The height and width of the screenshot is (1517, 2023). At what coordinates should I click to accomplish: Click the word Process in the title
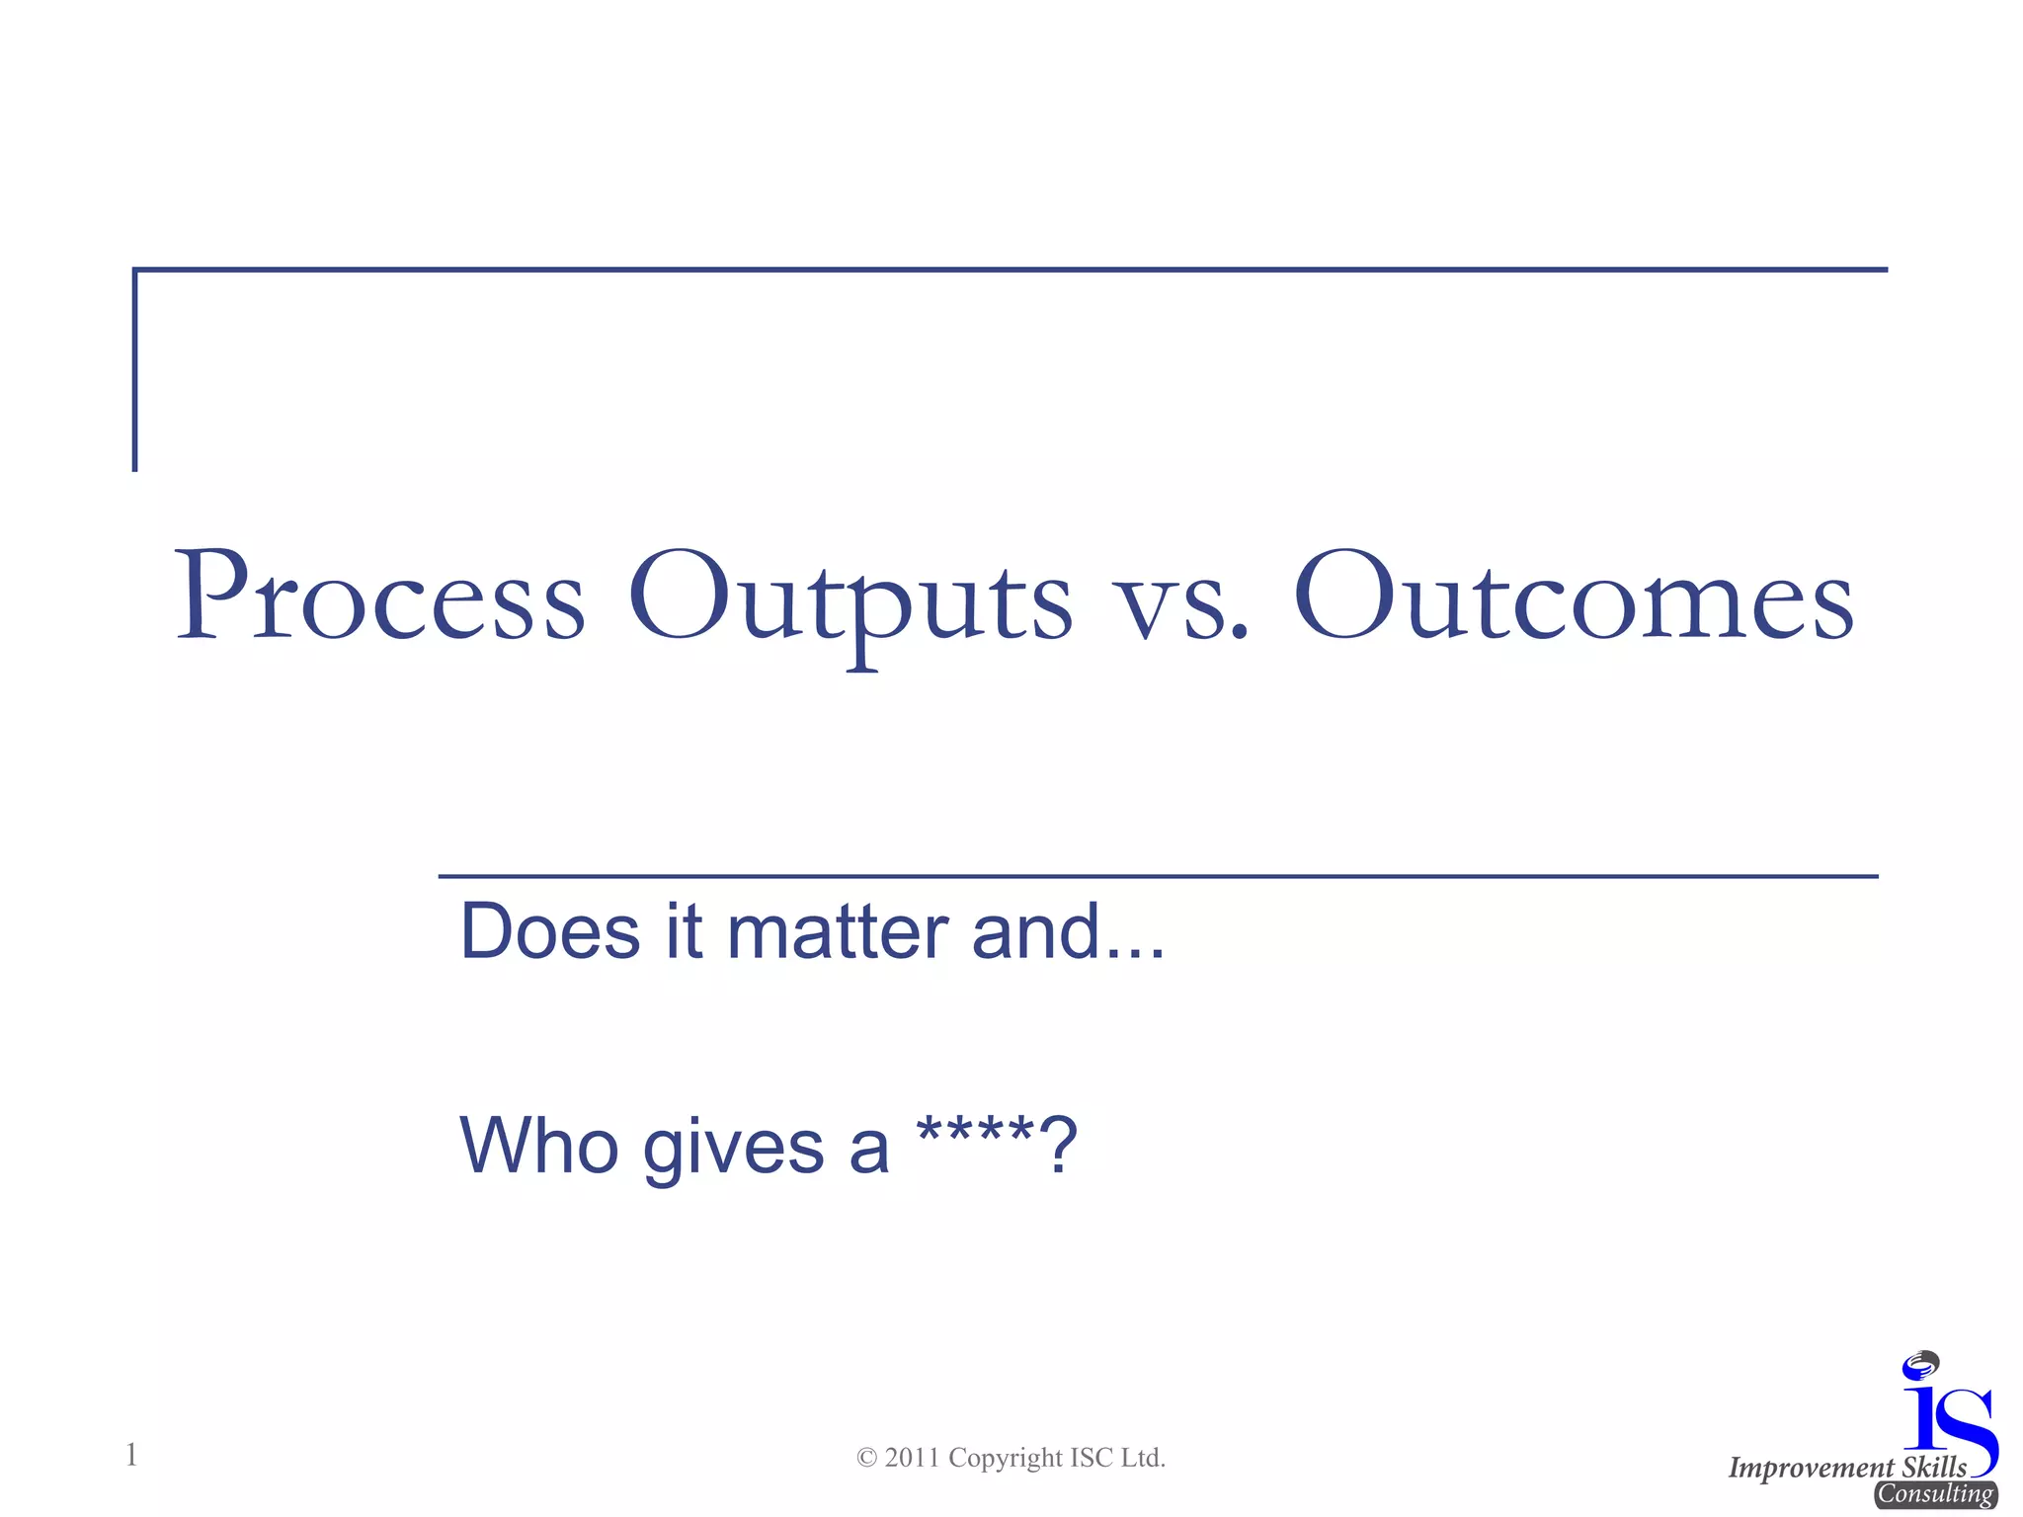click(380, 598)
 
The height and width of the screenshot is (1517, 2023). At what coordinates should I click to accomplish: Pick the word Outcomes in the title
click(1574, 598)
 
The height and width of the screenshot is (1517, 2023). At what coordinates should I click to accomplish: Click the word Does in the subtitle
click(550, 931)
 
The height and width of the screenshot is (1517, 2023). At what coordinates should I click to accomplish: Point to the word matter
click(838, 931)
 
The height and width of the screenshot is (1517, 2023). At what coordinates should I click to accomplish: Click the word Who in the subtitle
click(539, 1146)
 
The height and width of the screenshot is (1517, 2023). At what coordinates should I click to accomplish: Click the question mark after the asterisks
click(1058, 1146)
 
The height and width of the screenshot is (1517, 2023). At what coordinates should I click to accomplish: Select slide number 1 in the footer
click(131, 1455)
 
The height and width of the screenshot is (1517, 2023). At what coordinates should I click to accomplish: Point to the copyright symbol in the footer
click(866, 1459)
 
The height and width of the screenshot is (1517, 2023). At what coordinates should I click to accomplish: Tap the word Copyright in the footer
click(1005, 1459)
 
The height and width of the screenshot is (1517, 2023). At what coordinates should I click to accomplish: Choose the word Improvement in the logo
click(1811, 1469)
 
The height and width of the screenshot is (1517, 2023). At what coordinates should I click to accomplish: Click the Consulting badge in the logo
click(1935, 1494)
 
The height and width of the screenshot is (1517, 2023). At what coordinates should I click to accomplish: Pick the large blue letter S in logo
click(1968, 1429)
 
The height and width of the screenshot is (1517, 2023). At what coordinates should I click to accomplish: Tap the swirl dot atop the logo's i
click(1921, 1364)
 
